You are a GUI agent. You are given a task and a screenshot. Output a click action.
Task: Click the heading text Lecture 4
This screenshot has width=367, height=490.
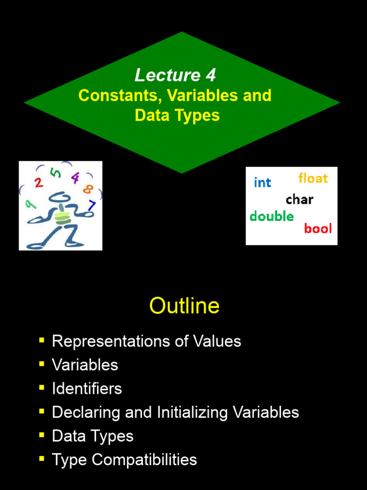(175, 75)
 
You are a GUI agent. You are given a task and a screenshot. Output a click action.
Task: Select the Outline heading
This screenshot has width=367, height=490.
(184, 306)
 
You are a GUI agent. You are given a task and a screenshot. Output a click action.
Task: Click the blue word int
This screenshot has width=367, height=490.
(262, 183)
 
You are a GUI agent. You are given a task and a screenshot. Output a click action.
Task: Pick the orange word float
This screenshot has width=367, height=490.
(313, 178)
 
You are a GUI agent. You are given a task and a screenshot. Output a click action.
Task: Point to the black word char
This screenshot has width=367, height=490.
(300, 200)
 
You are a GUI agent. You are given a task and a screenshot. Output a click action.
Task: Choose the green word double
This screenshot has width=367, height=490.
(271, 216)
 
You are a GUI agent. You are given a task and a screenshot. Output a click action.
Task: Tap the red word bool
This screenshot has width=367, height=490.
(318, 229)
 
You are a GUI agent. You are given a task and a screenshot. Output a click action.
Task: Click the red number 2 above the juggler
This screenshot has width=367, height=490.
(39, 182)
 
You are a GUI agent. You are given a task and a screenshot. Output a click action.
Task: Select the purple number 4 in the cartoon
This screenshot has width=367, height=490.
(75, 178)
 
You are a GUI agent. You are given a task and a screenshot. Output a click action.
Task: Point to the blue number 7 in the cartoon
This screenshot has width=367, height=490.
(92, 206)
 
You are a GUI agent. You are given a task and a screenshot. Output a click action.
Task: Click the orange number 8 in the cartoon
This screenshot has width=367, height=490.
(87, 189)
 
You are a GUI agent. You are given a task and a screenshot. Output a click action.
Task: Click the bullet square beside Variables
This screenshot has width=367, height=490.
(42, 364)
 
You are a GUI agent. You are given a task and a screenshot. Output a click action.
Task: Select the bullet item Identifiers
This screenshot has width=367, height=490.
(86, 389)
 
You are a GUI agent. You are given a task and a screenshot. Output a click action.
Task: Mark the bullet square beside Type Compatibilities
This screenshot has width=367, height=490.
(42, 459)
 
